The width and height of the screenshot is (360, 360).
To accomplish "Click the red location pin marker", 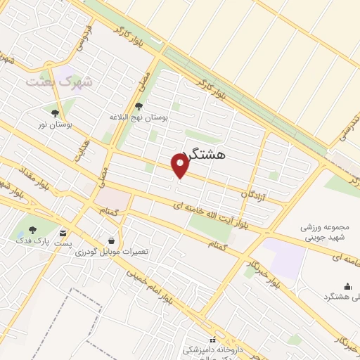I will point(181,166).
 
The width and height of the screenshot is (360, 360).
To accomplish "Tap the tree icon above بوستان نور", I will point(55,112).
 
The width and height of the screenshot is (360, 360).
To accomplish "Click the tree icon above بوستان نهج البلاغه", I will point(138,105).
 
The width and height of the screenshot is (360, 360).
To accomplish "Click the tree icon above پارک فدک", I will point(32,230).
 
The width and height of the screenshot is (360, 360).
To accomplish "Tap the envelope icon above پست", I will point(64,233).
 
